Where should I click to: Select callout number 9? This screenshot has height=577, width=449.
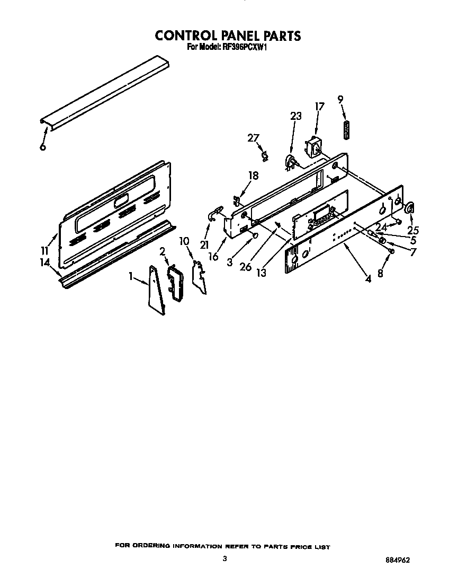tap(340, 99)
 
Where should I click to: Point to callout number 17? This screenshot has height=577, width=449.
tap(320, 107)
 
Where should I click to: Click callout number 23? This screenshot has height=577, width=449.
tap(296, 116)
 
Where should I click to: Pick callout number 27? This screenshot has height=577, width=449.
tap(253, 138)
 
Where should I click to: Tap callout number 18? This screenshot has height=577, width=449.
tap(254, 176)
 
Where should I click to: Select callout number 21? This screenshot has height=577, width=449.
tap(204, 244)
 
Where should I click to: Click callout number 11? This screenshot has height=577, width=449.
tap(44, 251)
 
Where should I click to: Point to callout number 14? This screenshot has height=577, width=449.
tap(45, 263)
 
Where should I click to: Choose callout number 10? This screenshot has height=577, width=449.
tap(184, 241)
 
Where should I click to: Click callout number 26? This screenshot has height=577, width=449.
tap(245, 267)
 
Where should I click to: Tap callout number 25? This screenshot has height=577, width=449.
tap(413, 231)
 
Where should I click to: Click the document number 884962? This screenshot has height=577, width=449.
tap(398, 559)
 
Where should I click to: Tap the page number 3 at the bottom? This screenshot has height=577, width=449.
tap(224, 558)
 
